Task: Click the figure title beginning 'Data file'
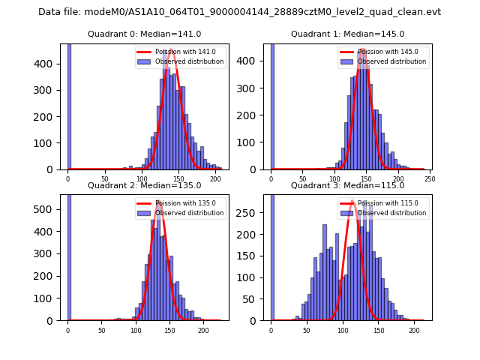coord(239,12)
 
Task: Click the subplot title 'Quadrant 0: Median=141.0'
coord(143,34)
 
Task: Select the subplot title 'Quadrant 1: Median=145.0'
coord(347,34)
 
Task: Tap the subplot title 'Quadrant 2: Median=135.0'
coord(143,185)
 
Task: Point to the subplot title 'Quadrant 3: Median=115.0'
coord(347,185)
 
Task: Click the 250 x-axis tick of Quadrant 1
coord(430,179)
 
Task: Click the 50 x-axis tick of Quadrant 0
coord(105,179)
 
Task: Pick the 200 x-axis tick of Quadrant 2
coord(203,330)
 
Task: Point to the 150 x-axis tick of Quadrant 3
coord(378,330)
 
